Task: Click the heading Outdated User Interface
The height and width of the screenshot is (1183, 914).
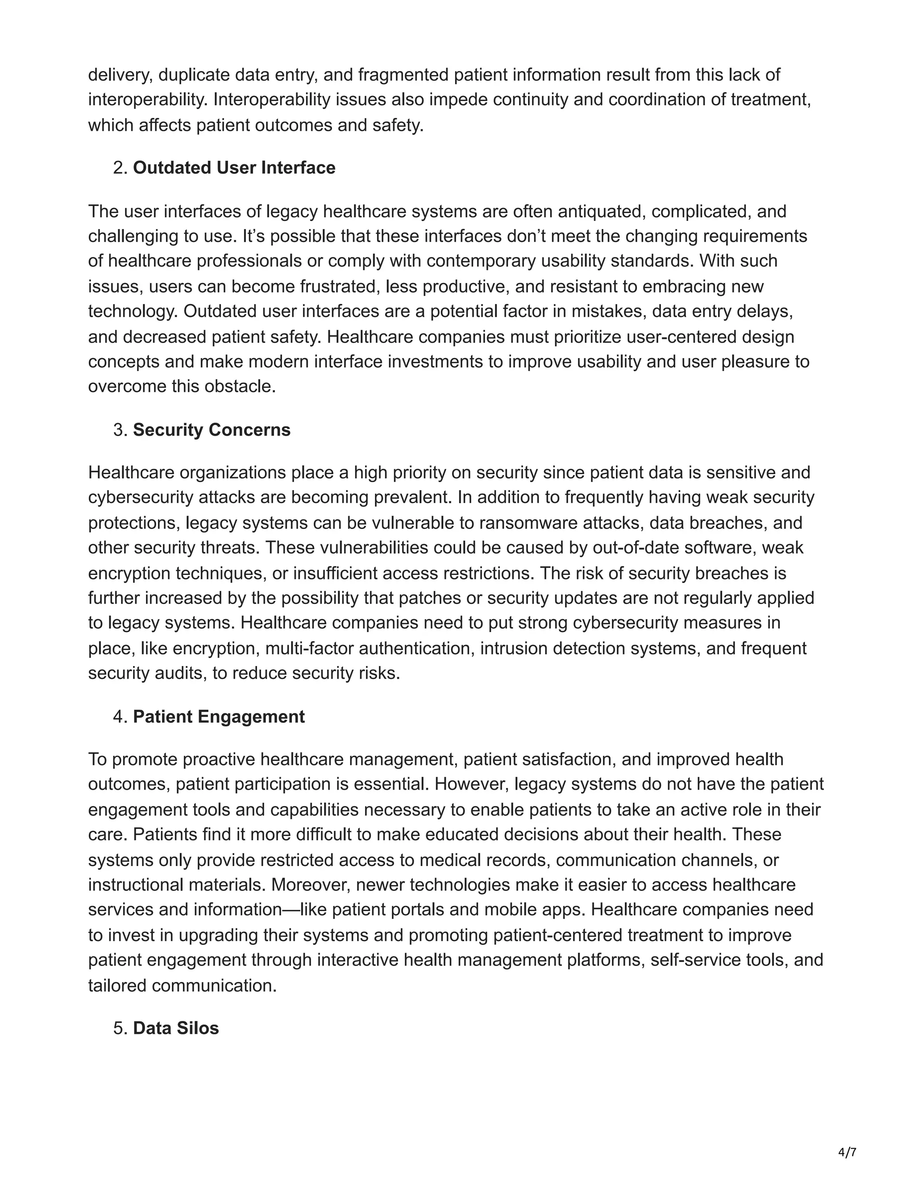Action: click(x=234, y=168)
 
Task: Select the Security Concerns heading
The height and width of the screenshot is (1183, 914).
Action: click(x=212, y=429)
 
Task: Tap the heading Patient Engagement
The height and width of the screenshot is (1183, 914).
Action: click(x=219, y=716)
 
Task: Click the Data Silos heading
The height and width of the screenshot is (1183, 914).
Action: click(x=176, y=1028)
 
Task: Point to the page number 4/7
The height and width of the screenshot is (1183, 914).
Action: click(x=847, y=1152)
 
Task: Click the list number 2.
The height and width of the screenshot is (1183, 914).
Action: click(x=120, y=168)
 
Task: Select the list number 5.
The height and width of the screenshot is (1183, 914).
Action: click(x=120, y=1028)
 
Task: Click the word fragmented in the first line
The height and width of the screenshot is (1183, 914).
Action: click(x=403, y=75)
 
